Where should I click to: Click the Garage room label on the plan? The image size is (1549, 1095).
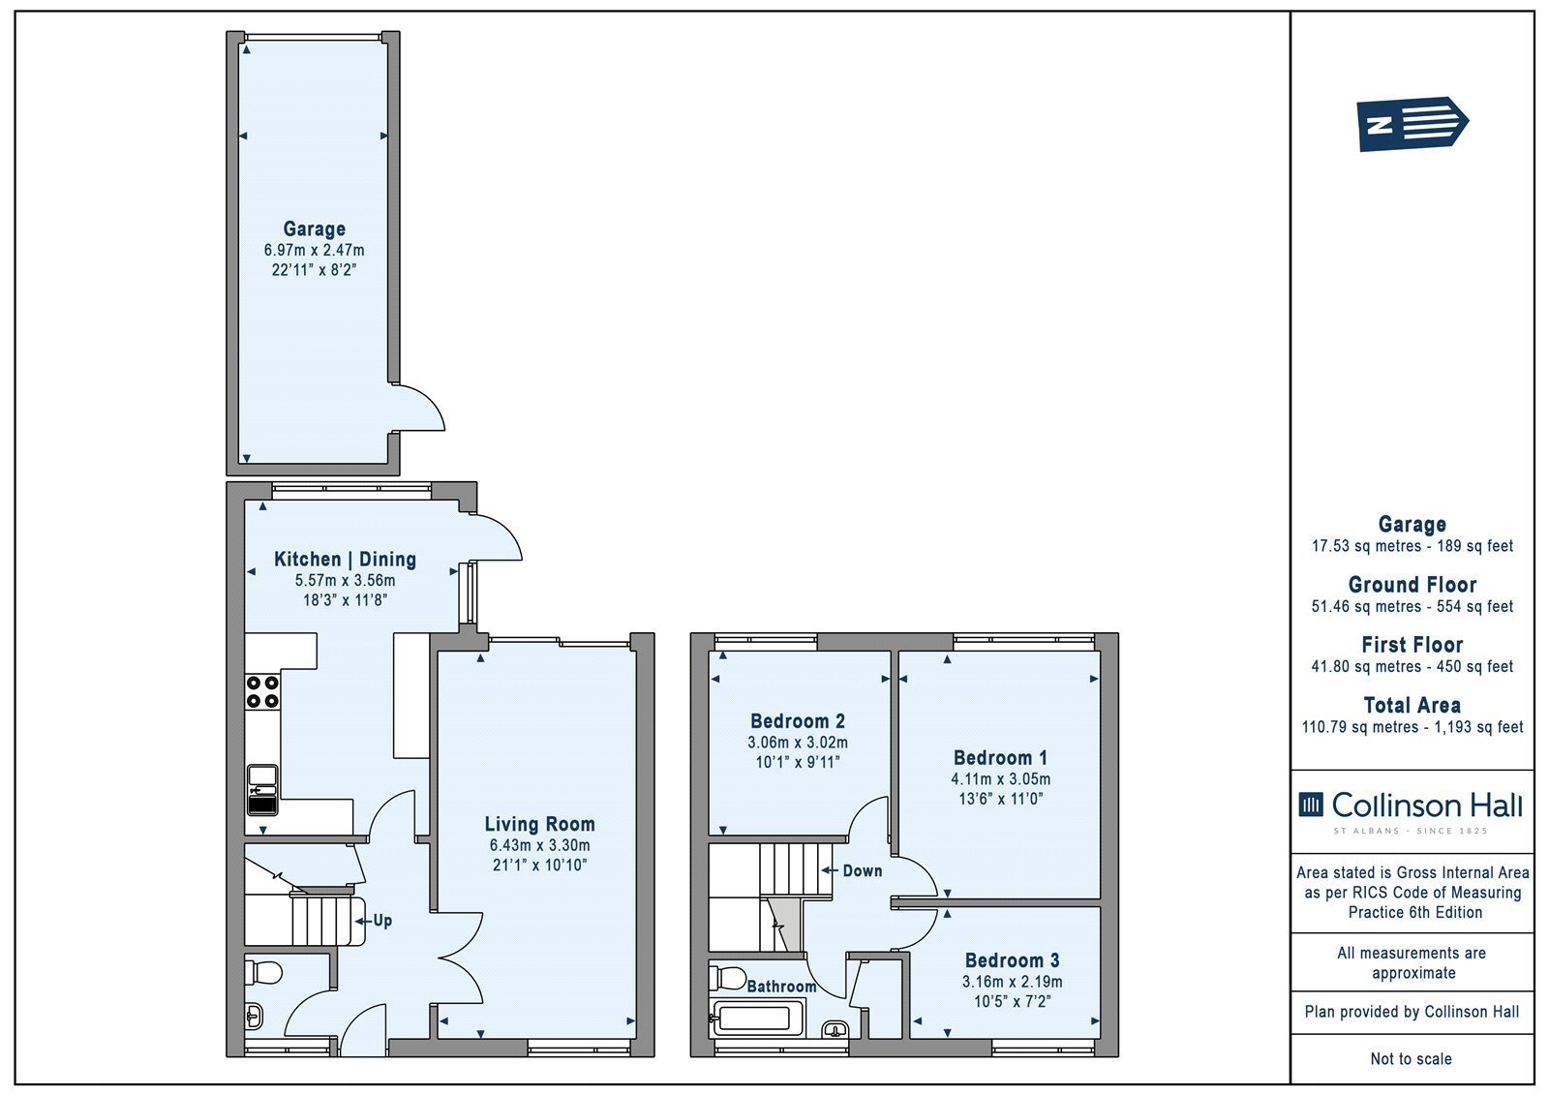[x=314, y=228]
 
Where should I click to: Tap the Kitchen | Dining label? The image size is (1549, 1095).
[x=345, y=559]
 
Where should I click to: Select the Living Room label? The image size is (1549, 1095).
[x=539, y=824]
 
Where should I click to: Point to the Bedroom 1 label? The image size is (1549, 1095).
[x=1000, y=757]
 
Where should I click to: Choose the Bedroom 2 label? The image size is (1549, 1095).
[x=798, y=720]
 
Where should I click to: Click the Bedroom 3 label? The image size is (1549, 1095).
[x=1012, y=960]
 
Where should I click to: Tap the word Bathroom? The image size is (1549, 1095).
[x=781, y=987]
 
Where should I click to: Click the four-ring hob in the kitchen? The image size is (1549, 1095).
[x=262, y=691]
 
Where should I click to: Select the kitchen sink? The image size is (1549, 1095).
[x=262, y=790]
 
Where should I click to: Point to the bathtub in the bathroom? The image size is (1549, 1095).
[x=756, y=1018]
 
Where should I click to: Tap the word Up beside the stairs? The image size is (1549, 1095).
[x=382, y=920]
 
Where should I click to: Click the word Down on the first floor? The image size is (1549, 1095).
[x=862, y=871]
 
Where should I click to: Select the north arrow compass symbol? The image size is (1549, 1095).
[x=1412, y=124]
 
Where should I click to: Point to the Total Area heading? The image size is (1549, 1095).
[x=1412, y=705]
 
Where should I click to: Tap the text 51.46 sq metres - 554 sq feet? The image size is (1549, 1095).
[x=1412, y=607]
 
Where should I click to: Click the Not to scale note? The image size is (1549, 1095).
[x=1411, y=1058]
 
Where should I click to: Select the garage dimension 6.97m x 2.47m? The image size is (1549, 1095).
[x=314, y=251]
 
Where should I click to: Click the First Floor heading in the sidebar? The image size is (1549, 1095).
[x=1412, y=645]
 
